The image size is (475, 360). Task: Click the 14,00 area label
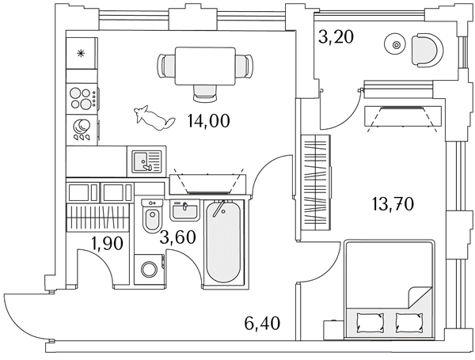coord(209,121)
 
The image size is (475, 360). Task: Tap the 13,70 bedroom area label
coord(393,204)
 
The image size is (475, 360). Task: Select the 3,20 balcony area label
coord(336,37)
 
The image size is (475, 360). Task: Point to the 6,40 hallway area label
coord(262,323)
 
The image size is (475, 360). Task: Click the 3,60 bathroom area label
coord(178,237)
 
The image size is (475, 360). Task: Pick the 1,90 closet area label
coord(108,243)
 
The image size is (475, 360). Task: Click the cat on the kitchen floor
coord(154,118)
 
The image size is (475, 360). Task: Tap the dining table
coord(205,66)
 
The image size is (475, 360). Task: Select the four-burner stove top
coord(82,98)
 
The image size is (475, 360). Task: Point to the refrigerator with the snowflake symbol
coord(82,53)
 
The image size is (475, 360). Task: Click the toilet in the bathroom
coord(152,217)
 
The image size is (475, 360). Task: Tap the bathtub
coord(224,242)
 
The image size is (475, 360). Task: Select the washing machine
coord(150,270)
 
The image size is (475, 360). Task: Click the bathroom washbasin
coord(184,210)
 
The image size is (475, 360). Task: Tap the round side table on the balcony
coord(396,45)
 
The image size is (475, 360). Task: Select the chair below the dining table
coord(205,93)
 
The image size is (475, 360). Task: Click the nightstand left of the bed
coord(334,330)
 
